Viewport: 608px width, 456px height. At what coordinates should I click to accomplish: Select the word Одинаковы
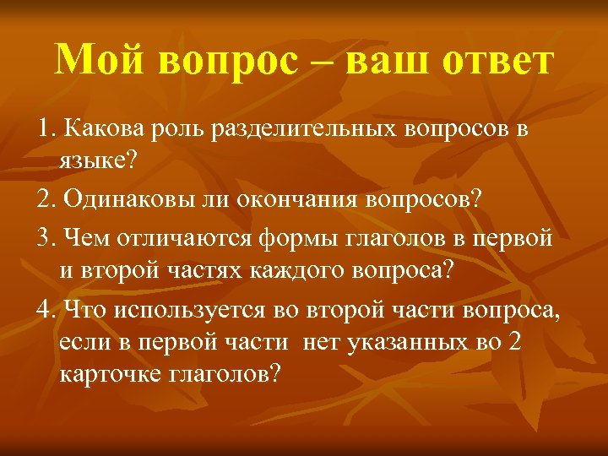click(128, 200)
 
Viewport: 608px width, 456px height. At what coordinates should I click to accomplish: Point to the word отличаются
click(184, 237)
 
